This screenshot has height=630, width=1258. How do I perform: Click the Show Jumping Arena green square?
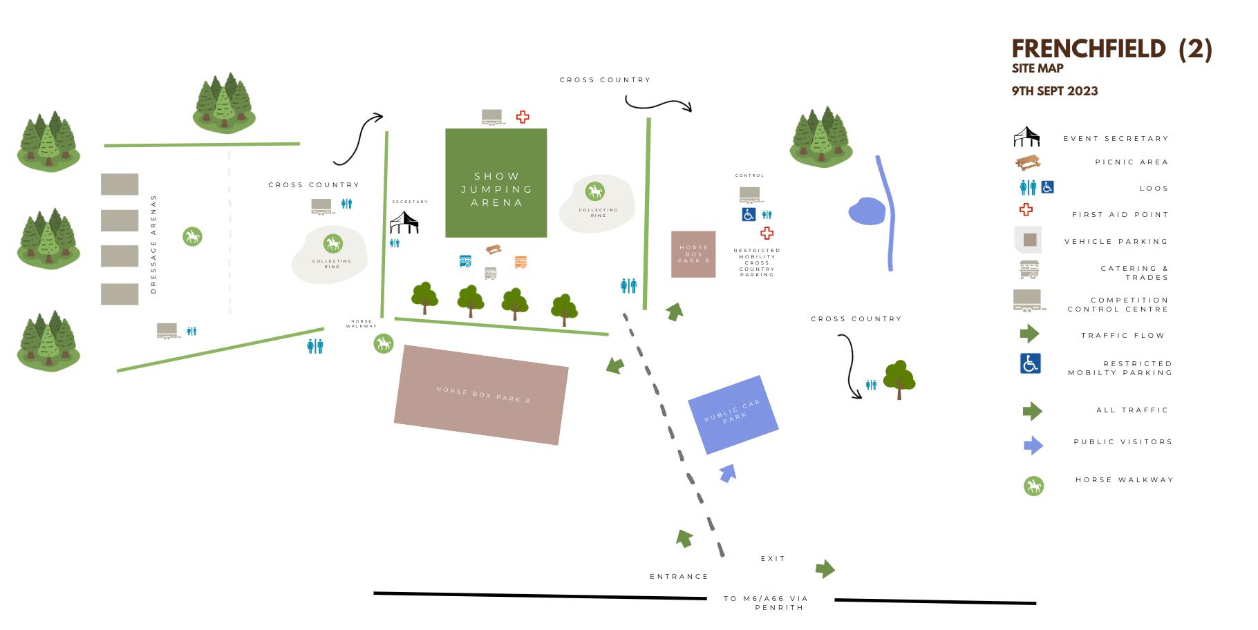(496, 182)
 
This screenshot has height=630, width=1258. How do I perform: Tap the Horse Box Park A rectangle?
(481, 394)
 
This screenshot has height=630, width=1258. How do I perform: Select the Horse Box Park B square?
(693, 254)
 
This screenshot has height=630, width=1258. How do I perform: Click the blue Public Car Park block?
(733, 414)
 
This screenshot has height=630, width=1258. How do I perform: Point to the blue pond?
(867, 211)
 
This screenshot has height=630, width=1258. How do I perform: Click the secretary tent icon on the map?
(404, 223)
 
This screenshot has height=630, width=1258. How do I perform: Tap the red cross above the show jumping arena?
(523, 117)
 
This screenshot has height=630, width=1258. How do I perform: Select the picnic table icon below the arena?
(494, 249)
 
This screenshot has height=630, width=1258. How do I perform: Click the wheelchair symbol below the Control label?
(749, 215)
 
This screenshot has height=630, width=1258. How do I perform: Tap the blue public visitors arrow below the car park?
(727, 473)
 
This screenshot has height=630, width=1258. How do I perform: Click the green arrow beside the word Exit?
(825, 569)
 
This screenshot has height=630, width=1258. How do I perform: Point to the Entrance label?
(679, 576)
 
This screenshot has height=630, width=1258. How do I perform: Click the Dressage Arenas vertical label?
(153, 244)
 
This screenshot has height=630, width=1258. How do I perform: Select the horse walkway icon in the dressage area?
(192, 237)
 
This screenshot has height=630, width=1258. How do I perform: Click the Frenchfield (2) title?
(1111, 49)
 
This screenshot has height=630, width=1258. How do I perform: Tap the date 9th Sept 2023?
(1054, 91)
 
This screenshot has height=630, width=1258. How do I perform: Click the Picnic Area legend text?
(1131, 162)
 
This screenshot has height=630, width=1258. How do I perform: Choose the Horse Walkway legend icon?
(1033, 486)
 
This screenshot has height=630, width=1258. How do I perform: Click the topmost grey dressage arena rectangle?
(120, 184)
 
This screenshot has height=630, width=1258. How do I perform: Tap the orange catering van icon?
(520, 262)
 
